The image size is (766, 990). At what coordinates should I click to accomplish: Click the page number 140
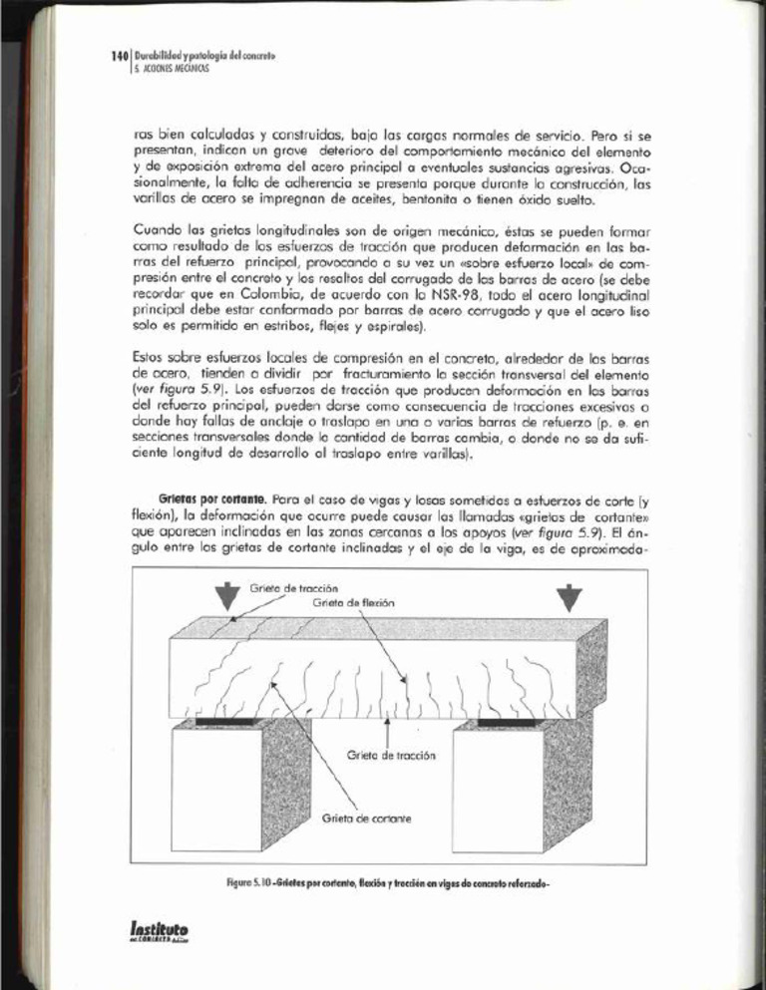119,57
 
